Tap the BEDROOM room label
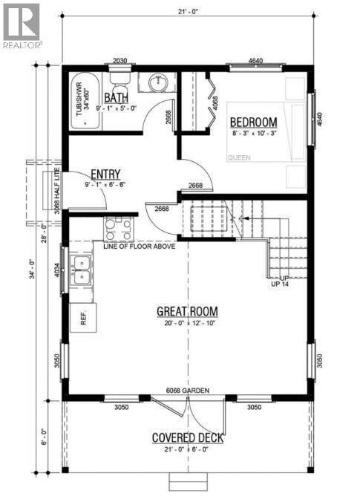pos(252,122)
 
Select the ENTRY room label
pos(105,173)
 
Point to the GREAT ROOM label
pos(186,310)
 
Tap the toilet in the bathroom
pos(119,76)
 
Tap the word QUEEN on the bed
pos(239,157)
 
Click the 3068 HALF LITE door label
pos(56,198)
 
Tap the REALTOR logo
pos(22,24)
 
